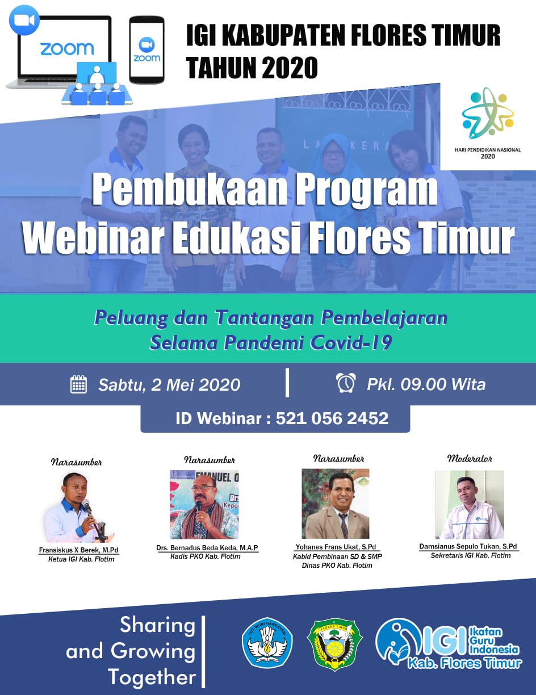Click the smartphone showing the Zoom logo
click(x=147, y=49)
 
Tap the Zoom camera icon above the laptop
click(x=24, y=20)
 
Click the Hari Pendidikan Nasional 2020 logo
click(x=488, y=123)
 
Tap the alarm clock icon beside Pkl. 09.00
click(x=346, y=383)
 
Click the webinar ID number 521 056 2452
click(x=332, y=418)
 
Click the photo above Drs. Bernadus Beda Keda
click(x=204, y=505)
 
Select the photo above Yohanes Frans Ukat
click(x=336, y=504)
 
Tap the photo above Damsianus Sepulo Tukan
click(x=470, y=505)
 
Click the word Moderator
click(x=470, y=458)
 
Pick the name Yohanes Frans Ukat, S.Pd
click(x=336, y=547)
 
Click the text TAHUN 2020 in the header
click(x=252, y=68)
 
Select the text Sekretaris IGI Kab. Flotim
click(x=471, y=555)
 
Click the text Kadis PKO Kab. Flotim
click(x=206, y=556)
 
